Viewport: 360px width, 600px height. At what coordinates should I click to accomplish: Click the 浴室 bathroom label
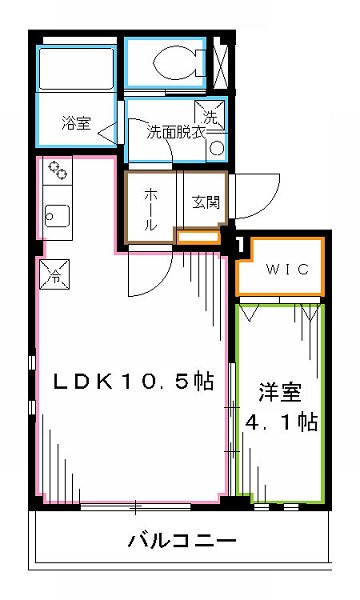76,123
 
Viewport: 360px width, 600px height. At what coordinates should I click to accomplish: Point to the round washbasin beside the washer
215,148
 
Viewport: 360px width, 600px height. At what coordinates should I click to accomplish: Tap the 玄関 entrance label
203,200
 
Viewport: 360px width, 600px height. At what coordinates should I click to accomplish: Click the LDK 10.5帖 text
134,382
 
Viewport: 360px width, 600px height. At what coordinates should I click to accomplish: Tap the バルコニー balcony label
181,543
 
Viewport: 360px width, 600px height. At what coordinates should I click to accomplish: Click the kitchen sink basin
57,216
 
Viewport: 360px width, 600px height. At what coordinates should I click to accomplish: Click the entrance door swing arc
250,195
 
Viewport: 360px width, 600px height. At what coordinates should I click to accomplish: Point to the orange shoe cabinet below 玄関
196,236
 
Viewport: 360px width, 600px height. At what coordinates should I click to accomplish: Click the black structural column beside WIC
238,241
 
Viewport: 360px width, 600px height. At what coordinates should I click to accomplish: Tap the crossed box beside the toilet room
221,62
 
